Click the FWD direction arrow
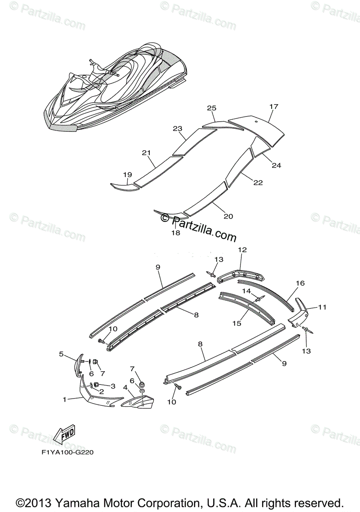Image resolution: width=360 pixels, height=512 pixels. click(x=63, y=434)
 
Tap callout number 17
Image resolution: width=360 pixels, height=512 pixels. click(x=274, y=106)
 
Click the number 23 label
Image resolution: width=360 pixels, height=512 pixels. click(x=178, y=128)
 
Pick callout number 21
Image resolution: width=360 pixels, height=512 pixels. click(x=146, y=152)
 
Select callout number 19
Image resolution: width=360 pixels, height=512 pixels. click(x=127, y=175)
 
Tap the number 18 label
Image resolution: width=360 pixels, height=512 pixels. click(x=176, y=233)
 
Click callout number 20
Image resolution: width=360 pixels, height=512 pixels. click(x=228, y=216)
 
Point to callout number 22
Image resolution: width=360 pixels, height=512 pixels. click(x=258, y=183)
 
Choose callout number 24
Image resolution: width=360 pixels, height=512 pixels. click(x=276, y=166)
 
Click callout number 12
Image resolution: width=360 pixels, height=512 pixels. click(x=243, y=250)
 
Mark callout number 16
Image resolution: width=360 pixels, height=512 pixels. click(x=300, y=283)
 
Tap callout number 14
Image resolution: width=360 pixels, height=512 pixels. click(x=246, y=291)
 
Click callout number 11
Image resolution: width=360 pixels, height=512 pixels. click(x=322, y=306)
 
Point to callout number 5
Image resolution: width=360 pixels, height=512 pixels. click(x=61, y=354)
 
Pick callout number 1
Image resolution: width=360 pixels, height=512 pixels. click(x=64, y=399)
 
